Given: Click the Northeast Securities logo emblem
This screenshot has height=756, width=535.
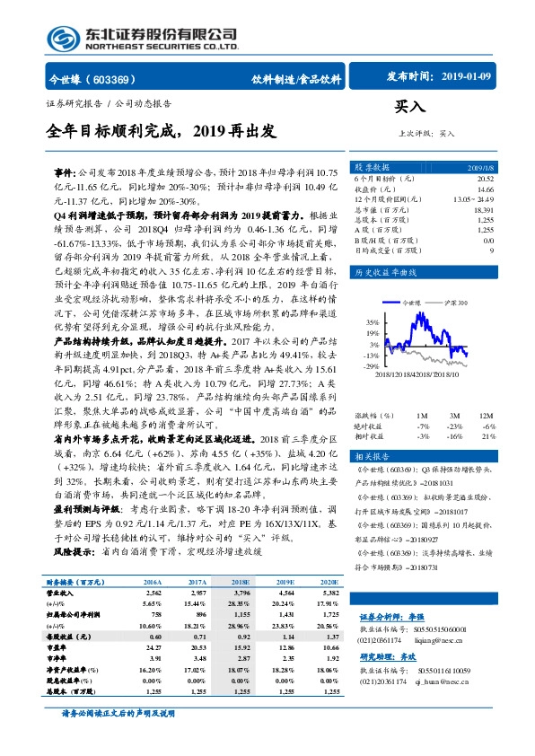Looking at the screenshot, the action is [x=62, y=39].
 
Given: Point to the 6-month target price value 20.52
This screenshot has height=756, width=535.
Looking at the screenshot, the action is [x=484, y=180].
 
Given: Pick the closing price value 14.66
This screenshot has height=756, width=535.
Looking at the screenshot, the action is [x=485, y=189].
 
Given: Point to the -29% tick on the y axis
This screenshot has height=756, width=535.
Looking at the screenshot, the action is [x=371, y=366].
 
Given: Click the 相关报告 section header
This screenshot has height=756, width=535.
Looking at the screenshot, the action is [x=372, y=455].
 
